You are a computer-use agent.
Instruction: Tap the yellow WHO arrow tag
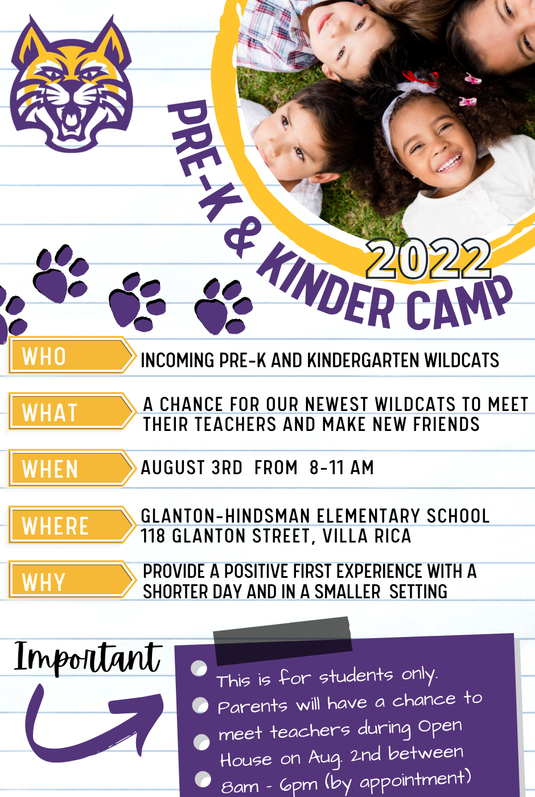click(72, 356)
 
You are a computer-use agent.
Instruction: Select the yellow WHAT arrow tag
click(72, 411)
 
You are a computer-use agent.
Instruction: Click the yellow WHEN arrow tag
click(72, 468)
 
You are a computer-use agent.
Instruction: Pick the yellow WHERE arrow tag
click(72, 524)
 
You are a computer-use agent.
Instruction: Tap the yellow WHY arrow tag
click(72, 580)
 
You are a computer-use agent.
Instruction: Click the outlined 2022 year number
click(429, 258)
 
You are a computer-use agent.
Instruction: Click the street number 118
click(153, 536)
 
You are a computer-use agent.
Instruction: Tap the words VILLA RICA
click(367, 536)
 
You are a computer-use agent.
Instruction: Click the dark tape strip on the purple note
click(283, 640)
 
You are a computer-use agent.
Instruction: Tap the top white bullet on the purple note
click(199, 668)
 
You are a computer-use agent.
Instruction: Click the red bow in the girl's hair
click(421, 79)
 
